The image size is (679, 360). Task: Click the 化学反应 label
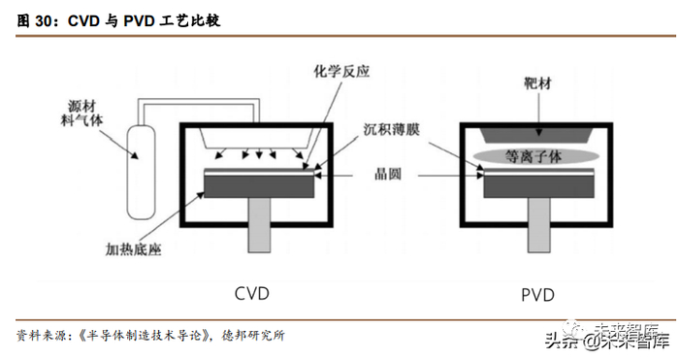tap(341, 72)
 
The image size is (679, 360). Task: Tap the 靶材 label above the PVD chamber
tap(537, 82)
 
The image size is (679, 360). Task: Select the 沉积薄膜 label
tap(392, 129)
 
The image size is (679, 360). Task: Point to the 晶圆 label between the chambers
tap(388, 174)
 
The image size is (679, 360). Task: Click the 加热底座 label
tap(134, 249)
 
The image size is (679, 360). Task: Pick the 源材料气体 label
tap(81, 114)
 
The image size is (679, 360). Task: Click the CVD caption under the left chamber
tap(251, 293)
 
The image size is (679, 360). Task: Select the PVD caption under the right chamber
tap(537, 295)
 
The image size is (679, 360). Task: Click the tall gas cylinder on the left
tap(141, 172)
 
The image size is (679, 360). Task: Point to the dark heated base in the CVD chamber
tap(259, 186)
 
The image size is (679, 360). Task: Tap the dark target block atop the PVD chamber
tap(538, 135)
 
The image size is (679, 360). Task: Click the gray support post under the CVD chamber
tap(259, 225)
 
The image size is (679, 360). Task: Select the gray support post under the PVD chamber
tap(538, 225)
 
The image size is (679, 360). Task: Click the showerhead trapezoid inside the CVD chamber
tap(256, 138)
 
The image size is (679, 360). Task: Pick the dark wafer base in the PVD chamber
tap(538, 186)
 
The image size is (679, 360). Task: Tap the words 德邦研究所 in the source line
tap(253, 336)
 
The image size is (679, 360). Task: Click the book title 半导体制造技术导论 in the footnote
tap(145, 336)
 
